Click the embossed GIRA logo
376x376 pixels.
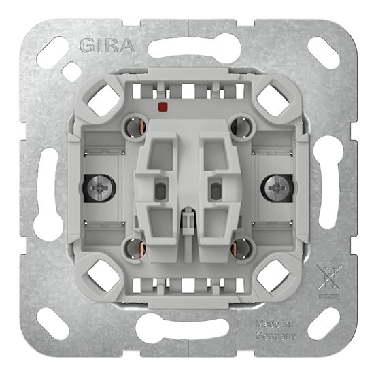click(x=107, y=46)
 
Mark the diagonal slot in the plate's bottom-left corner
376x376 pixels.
click(x=53, y=324)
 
